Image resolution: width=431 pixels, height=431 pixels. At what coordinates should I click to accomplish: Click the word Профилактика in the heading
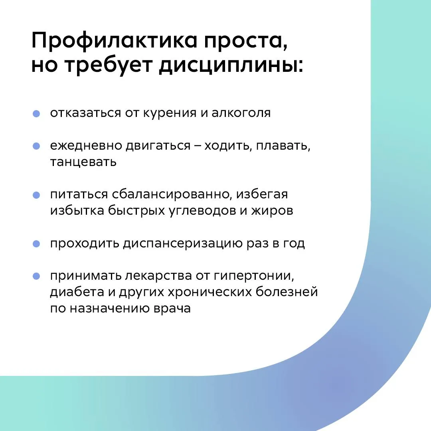(x=115, y=41)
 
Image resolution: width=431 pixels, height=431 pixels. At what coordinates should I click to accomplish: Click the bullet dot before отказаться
(x=36, y=113)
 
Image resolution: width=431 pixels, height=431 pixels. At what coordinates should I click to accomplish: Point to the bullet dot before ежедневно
(x=36, y=146)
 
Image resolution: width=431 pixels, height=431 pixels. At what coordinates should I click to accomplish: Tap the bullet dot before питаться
(x=36, y=195)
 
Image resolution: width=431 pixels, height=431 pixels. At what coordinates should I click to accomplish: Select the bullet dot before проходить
(x=36, y=244)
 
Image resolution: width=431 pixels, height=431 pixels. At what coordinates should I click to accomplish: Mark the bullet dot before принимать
(x=36, y=276)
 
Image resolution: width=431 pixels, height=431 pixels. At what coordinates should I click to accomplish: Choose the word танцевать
(x=83, y=162)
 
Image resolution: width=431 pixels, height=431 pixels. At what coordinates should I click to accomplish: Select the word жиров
(x=272, y=211)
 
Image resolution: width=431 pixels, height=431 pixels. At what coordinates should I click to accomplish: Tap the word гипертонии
(x=253, y=276)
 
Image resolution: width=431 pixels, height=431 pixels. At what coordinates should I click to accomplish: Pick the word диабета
(x=77, y=292)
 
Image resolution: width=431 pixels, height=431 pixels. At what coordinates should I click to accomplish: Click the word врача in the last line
(x=172, y=308)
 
